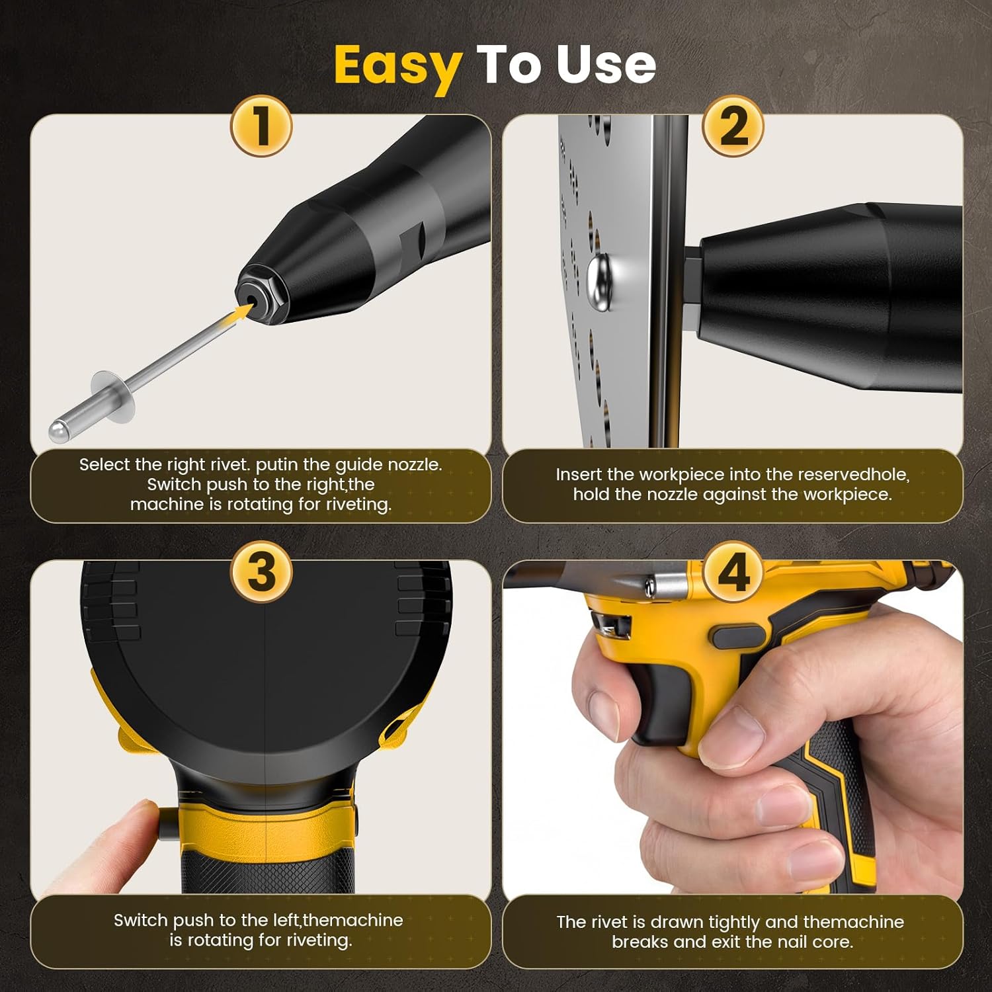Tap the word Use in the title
(606, 65)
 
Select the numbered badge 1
(261, 126)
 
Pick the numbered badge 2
(733, 126)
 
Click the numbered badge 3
(261, 571)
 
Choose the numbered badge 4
(733, 571)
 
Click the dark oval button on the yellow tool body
(739, 637)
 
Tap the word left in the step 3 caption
(286, 921)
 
